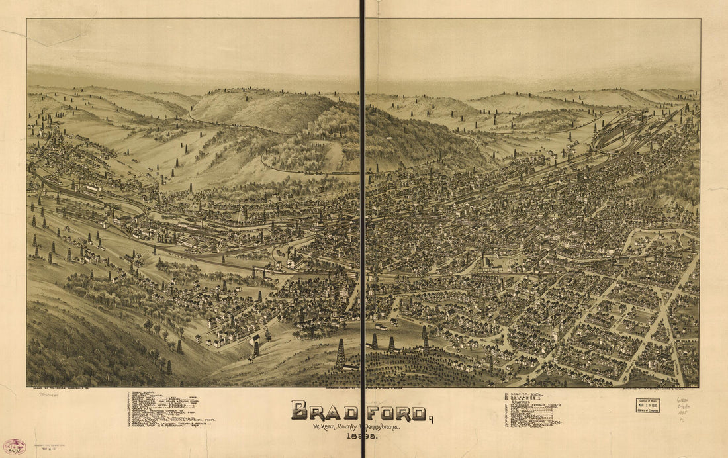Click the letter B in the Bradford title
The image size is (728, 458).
[x=300, y=411]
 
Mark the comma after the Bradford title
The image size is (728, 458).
[x=432, y=418]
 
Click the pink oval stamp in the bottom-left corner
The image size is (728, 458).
[x=14, y=446]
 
